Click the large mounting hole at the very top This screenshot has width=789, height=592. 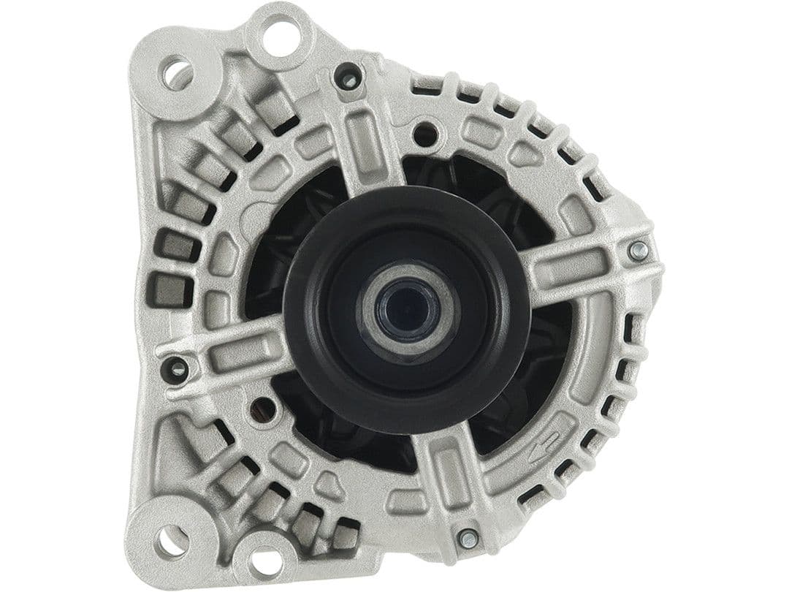pos(281,32)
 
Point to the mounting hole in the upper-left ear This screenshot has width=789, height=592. pos(178,74)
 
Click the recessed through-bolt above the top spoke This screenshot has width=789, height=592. pos(350,77)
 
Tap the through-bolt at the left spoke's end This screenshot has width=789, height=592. pos(177,368)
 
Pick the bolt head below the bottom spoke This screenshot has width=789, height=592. pos(468,539)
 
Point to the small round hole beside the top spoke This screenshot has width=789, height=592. pos(427,134)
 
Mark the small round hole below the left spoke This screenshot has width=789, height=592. pos(261,409)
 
